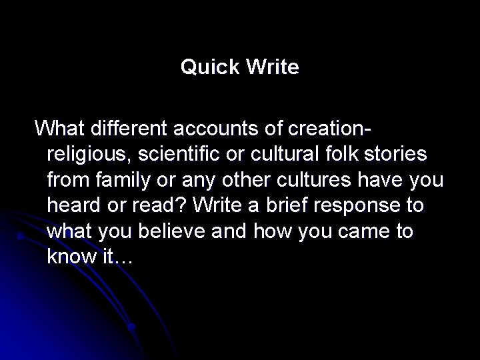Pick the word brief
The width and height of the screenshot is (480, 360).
pyautogui.click(x=279, y=205)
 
